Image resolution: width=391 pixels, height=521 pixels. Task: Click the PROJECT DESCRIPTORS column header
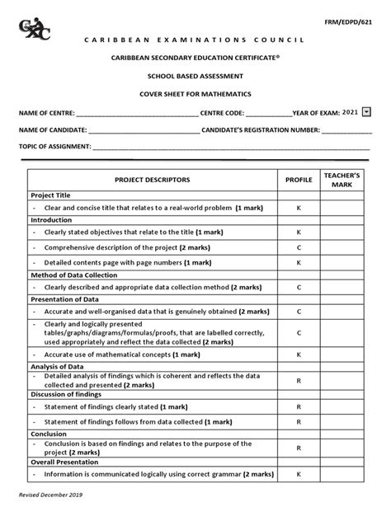153,179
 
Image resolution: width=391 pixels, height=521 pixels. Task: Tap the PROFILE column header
299,179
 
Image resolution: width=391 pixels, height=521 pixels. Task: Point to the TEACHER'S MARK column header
342,180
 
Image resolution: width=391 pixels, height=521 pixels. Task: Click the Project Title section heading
51,195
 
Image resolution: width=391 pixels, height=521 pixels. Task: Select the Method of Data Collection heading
74,275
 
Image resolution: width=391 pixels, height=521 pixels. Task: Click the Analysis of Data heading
59,366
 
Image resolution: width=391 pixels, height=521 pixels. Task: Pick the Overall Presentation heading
66,462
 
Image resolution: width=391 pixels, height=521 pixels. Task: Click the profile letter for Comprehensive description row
299,247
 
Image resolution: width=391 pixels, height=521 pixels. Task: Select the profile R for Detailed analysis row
299,379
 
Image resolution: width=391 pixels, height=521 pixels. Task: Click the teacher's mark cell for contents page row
342,261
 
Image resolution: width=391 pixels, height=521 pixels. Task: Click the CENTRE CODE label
222,112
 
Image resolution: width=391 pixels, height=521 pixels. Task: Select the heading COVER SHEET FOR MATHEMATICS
195,94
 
